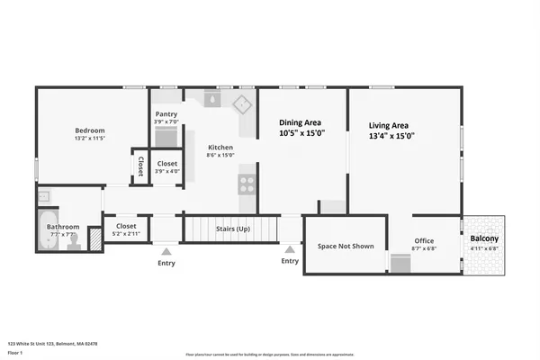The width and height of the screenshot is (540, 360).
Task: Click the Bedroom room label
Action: coord(90,130)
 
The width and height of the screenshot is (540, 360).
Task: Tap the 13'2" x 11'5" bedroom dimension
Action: coord(90,139)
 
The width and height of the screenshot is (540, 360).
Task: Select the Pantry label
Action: coord(166,114)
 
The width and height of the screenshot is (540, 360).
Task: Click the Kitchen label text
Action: coord(220,147)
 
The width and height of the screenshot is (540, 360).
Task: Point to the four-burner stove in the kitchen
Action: coord(246,184)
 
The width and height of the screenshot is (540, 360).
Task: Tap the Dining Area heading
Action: coord(301,122)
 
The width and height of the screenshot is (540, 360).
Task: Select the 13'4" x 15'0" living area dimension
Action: coord(391,136)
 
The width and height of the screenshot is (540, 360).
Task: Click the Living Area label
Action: coord(389,125)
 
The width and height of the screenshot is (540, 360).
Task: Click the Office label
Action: coord(424,240)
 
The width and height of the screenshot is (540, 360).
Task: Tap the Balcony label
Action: coord(484,238)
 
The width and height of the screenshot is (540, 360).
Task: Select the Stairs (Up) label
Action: coord(233,229)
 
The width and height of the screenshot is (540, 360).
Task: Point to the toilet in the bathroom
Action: coord(74,241)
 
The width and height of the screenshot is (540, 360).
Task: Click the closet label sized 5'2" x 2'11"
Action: coord(126,226)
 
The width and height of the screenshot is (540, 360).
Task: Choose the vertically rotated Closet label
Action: coord(140,167)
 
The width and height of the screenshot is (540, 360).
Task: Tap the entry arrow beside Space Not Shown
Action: coord(290,249)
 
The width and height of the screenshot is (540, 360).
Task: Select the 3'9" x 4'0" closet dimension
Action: coord(167,171)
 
